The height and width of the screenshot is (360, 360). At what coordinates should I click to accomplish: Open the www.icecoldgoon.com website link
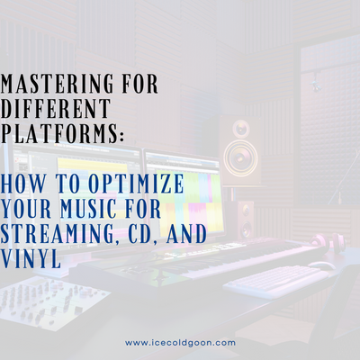click(x=180, y=343)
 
